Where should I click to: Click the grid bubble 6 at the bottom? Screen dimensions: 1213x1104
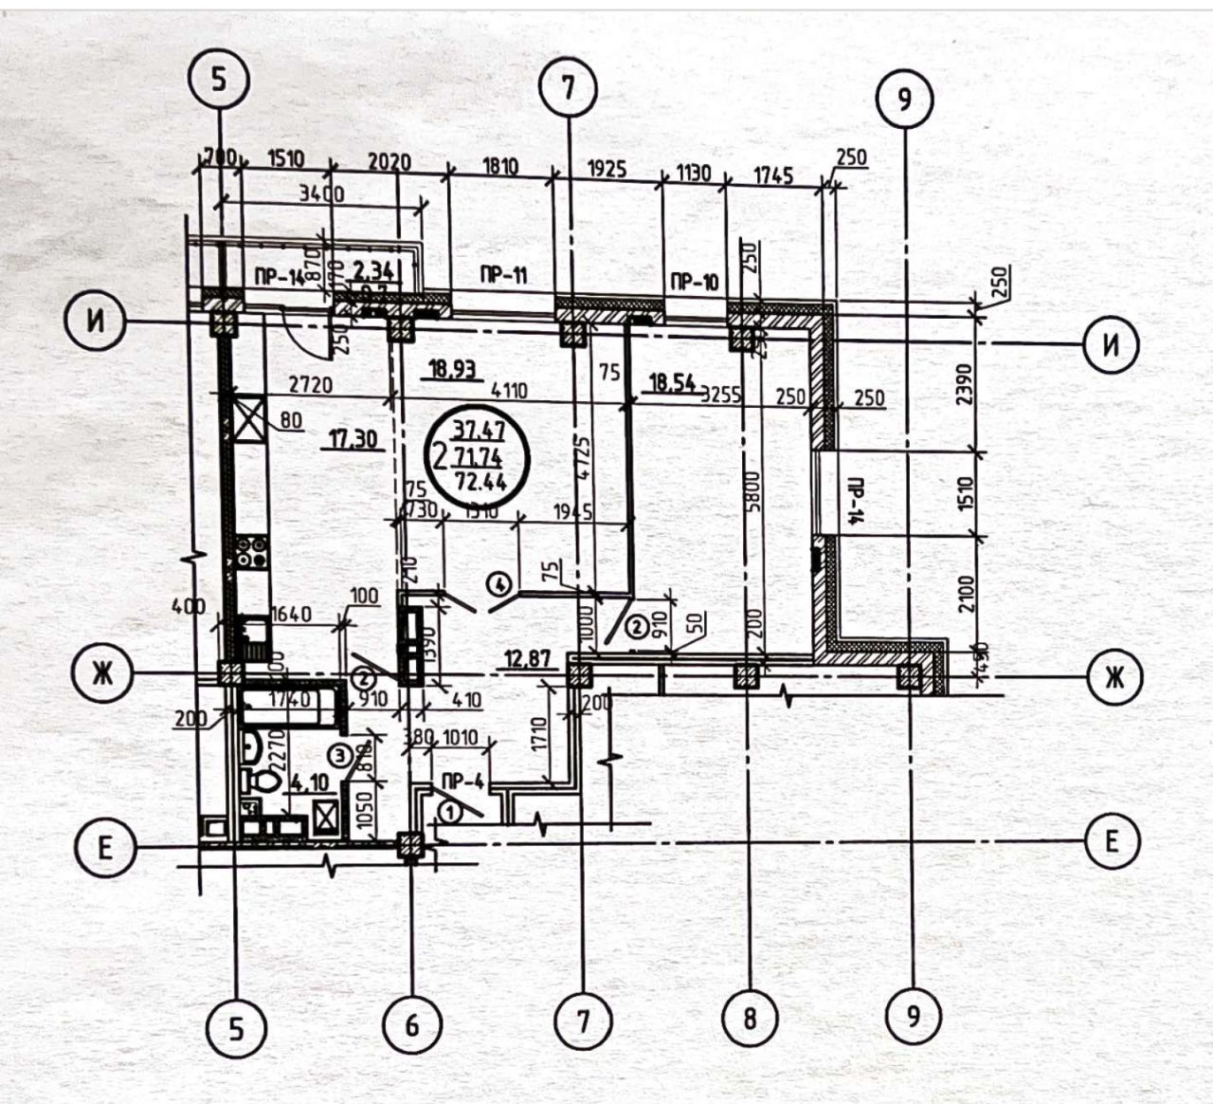click(x=412, y=1023)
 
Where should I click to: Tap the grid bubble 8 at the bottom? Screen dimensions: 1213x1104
click(x=750, y=1020)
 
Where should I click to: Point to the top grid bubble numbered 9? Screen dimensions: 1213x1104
click(x=904, y=100)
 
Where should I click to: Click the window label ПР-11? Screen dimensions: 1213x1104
click(x=503, y=276)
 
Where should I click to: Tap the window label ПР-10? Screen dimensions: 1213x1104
click(x=695, y=281)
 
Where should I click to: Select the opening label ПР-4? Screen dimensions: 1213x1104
click(x=463, y=782)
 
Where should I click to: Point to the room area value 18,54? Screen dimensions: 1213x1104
click(x=672, y=383)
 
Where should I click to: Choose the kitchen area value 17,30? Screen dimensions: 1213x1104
click(x=351, y=439)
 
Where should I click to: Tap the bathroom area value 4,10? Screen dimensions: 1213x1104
click(x=310, y=784)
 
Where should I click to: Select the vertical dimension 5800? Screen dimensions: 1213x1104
click(x=753, y=491)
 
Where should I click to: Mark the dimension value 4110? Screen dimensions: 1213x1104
click(x=511, y=390)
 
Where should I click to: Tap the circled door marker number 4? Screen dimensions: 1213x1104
click(x=500, y=581)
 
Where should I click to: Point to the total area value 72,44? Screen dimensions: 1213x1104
click(x=480, y=481)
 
